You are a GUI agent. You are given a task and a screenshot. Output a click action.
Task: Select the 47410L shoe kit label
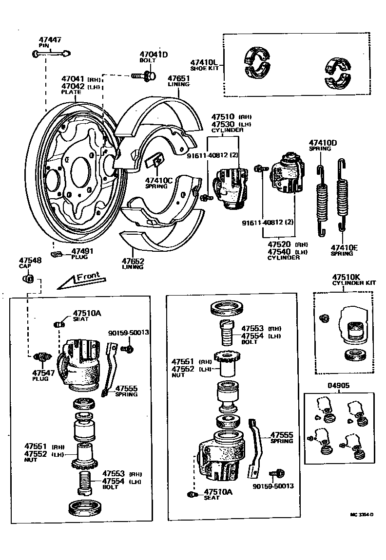(201, 63)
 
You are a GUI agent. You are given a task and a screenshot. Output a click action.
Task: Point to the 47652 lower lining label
(133, 261)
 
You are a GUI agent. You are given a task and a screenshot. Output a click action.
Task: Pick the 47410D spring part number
(323, 143)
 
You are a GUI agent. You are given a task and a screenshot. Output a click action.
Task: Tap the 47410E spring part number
(344, 247)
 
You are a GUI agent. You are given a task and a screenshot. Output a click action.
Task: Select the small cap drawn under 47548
(28, 279)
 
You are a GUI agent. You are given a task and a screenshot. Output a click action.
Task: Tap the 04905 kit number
(338, 385)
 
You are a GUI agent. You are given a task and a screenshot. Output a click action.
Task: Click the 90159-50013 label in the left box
(128, 333)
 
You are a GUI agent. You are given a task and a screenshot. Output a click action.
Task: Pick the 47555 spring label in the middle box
(282, 434)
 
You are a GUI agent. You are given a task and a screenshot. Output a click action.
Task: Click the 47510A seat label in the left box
(87, 313)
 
